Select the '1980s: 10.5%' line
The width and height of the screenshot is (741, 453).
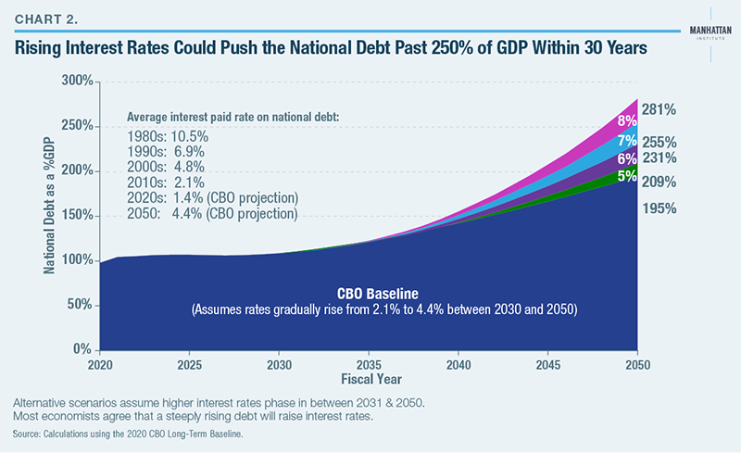pos(168,135)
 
